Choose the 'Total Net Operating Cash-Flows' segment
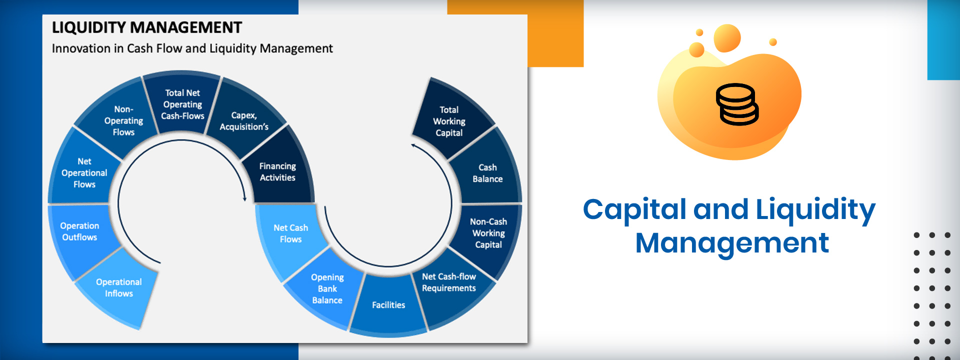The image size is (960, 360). pos(182,104)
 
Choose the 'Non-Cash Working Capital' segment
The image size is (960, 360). pos(488,233)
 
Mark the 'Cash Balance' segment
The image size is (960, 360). pos(487,172)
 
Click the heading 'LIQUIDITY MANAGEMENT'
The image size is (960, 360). pos(147,27)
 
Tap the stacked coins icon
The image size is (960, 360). pos(737,104)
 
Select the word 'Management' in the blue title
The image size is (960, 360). pos(732,243)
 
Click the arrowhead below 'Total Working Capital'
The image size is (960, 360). pos(413,145)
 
